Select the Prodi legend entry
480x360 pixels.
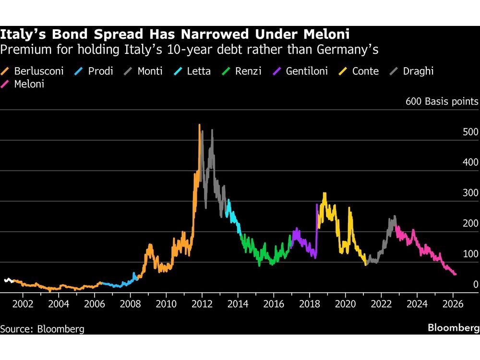click(x=95, y=72)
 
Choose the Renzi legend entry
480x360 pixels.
click(x=242, y=72)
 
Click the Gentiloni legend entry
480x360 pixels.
click(x=301, y=72)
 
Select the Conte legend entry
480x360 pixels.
click(x=360, y=72)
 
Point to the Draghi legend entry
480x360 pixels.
click(x=412, y=72)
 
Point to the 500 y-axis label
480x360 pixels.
click(x=470, y=132)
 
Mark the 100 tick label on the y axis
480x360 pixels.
click(x=470, y=254)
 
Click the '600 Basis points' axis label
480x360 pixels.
click(x=442, y=101)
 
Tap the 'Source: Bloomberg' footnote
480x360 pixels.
click(x=42, y=329)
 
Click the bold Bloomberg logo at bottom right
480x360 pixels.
click(x=454, y=328)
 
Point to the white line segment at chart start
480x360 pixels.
click(x=8, y=280)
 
